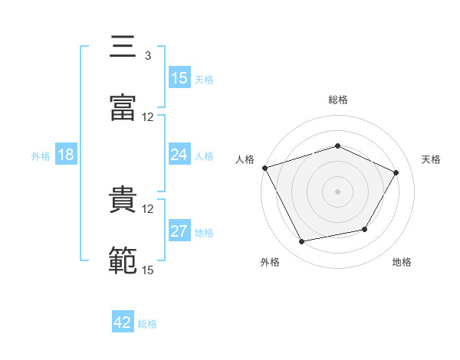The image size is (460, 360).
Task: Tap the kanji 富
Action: [123, 108]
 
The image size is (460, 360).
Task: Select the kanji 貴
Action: [123, 201]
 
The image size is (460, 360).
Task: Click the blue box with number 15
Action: [179, 78]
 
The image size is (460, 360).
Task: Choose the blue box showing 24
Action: [179, 155]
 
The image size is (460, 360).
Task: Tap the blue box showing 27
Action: [179, 232]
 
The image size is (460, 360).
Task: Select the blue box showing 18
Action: [66, 155]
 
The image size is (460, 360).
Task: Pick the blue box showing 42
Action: [123, 322]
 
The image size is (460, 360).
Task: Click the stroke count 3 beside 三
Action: [147, 56]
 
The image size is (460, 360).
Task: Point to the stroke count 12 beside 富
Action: [148, 117]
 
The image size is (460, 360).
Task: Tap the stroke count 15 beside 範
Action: [148, 270]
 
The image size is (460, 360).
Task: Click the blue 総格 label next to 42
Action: [147, 324]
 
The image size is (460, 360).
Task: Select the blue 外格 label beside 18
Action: [41, 156]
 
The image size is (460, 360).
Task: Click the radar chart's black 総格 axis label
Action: [338, 100]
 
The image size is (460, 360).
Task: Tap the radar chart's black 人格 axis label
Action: [245, 159]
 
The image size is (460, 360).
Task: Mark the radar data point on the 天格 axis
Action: [396, 172]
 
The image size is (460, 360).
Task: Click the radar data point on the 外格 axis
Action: [301, 242]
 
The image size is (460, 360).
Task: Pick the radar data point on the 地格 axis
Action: [365, 229]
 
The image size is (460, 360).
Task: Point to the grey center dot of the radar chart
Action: [338, 191]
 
